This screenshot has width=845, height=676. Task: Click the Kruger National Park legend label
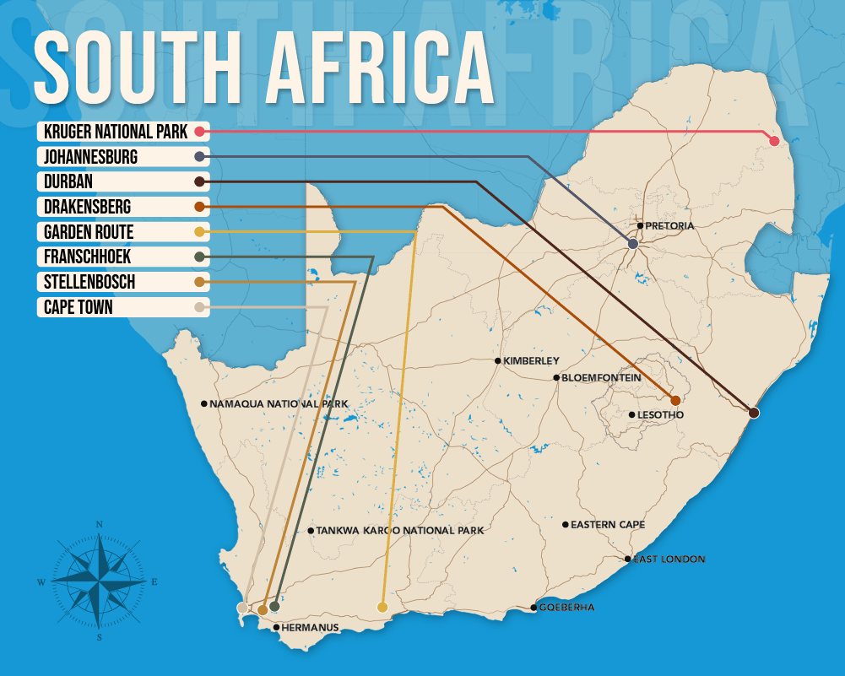(116, 132)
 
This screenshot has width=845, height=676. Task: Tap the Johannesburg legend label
(90, 157)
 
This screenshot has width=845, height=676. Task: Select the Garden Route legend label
(89, 232)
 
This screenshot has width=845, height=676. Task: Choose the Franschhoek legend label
(88, 257)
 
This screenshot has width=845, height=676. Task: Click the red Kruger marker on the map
(774, 140)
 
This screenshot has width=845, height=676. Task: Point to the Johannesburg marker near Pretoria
(632, 244)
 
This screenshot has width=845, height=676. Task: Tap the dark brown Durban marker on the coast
(754, 413)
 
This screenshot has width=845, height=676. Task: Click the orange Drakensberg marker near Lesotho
(675, 400)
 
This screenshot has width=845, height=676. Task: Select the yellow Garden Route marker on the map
(382, 607)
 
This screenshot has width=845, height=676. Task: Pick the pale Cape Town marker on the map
(242, 607)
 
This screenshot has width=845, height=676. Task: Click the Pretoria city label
(669, 226)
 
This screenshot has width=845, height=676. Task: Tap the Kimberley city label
(531, 361)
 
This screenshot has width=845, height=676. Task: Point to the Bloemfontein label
(600, 378)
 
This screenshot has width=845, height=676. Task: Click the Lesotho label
(661, 415)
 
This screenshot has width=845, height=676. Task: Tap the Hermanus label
(311, 628)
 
